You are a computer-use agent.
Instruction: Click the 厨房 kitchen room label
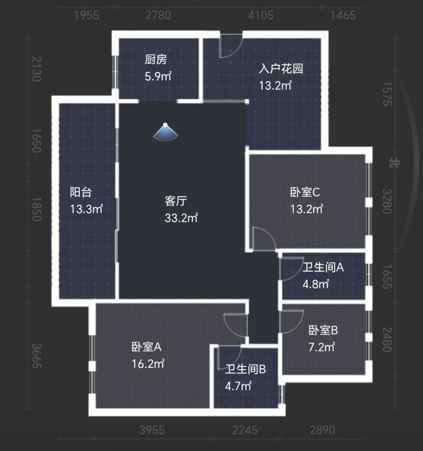tap(155, 59)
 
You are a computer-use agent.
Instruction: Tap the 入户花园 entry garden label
tap(281, 68)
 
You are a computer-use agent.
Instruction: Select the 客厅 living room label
tap(176, 201)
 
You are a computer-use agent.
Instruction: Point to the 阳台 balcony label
tap(81, 192)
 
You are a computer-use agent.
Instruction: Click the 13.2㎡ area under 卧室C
tap(306, 209)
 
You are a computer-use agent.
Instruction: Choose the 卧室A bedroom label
tap(146, 347)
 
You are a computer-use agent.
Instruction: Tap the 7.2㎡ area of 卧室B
tap(321, 347)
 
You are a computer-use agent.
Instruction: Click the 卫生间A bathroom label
tap(323, 267)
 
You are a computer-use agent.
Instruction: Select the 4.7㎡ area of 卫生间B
tap(238, 386)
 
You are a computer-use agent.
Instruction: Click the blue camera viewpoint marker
tap(165, 132)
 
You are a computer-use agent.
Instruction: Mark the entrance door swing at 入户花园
tap(230, 46)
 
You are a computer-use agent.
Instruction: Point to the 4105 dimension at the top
tap(260, 15)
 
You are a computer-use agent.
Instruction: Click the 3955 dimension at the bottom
tap(152, 430)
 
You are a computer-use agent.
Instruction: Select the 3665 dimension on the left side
tap(37, 356)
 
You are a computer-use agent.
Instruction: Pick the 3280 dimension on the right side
tap(387, 201)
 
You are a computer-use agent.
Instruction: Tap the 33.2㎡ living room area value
tap(181, 218)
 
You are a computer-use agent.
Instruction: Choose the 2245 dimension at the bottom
tap(245, 430)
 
